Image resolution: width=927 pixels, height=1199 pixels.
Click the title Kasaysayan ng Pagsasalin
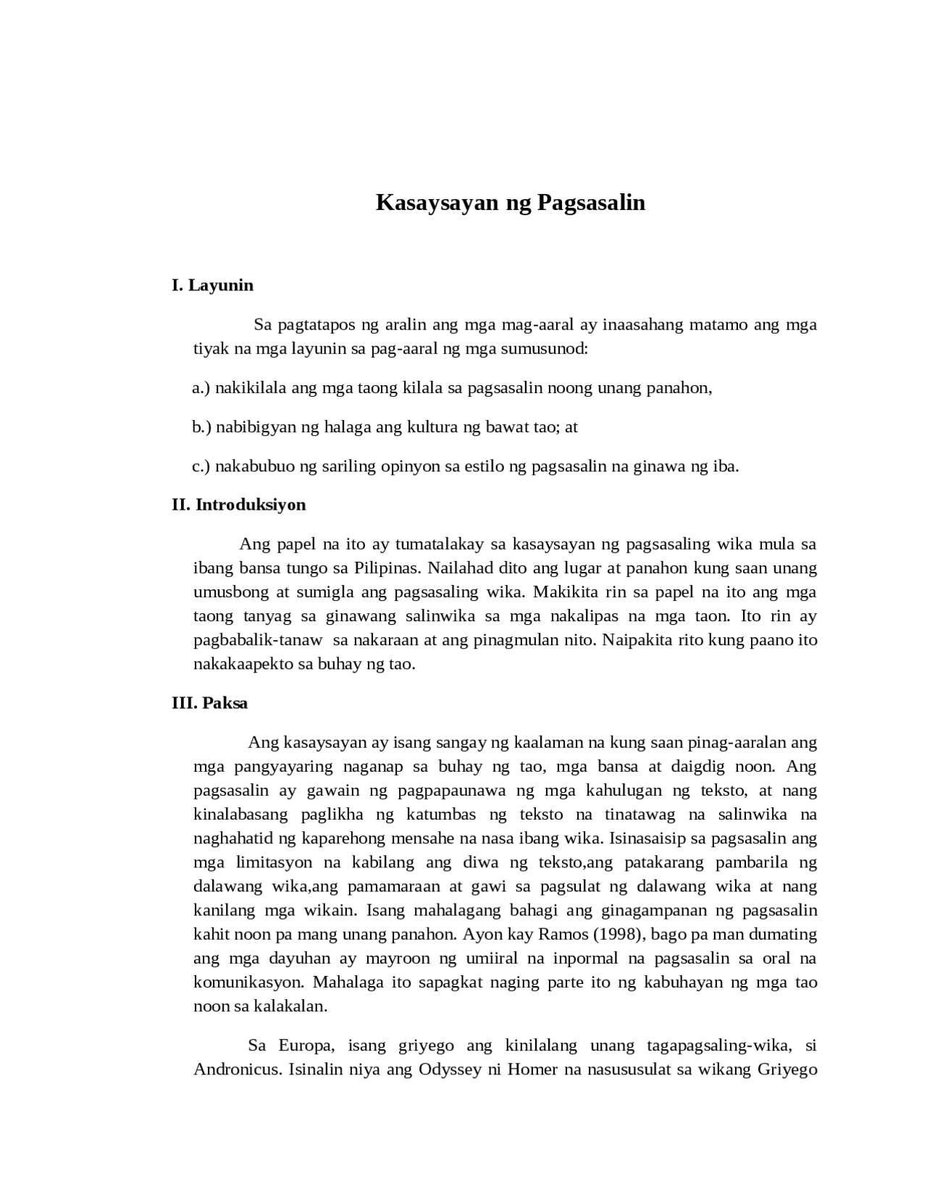coord(510,203)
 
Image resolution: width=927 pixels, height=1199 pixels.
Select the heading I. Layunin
coord(212,285)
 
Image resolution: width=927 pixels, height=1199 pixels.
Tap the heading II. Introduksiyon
coord(238,505)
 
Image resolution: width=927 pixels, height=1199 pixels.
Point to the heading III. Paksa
coord(209,703)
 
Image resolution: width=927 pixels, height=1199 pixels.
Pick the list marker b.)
coord(201,427)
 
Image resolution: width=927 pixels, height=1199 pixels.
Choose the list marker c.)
coord(201,466)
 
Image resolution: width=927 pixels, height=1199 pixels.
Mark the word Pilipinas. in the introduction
coord(388,568)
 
